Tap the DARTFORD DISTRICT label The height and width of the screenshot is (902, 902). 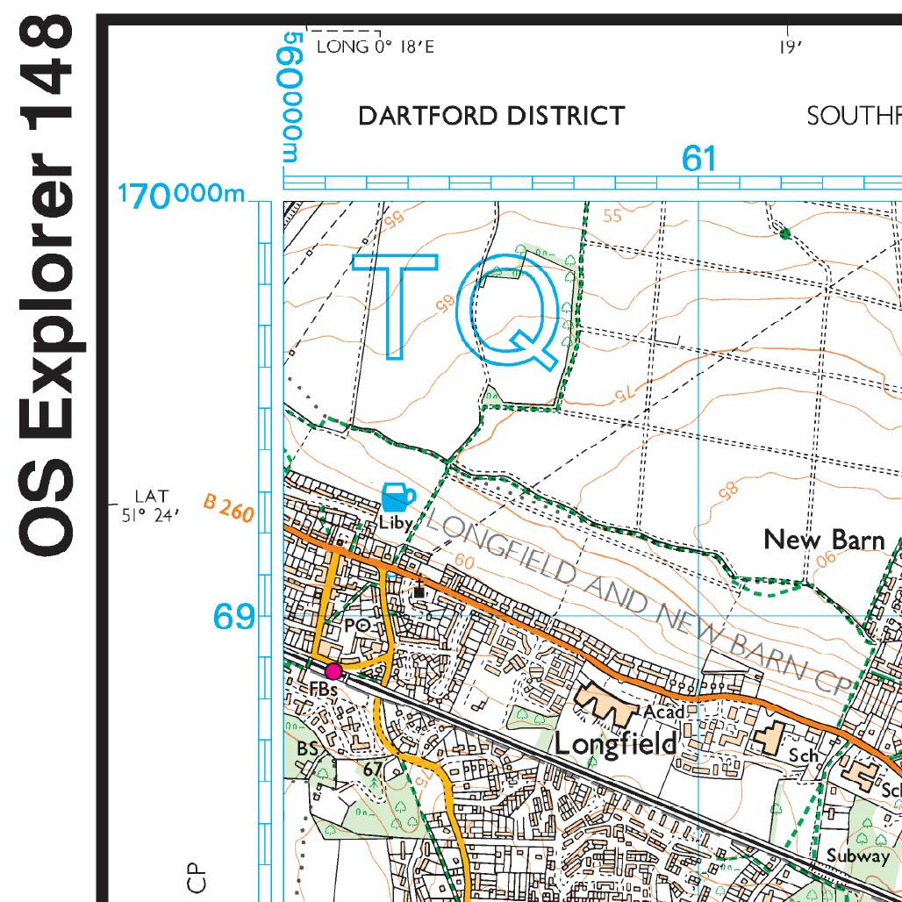pos(491,116)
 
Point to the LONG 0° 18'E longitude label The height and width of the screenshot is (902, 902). pos(375,47)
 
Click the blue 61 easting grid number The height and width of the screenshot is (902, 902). pos(699,159)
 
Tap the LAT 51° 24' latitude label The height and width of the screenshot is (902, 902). pos(150,506)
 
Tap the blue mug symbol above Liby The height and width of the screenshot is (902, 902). pos(397,497)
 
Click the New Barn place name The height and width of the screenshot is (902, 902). pos(824,540)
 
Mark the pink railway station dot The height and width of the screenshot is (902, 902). pos(333,671)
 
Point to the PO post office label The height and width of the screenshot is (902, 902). pos(355,626)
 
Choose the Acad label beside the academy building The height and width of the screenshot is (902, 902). pos(663,712)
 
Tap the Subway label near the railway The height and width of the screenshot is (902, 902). pos(858,855)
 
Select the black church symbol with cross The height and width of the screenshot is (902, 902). pos(419,588)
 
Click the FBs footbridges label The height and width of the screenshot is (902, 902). pos(323,690)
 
